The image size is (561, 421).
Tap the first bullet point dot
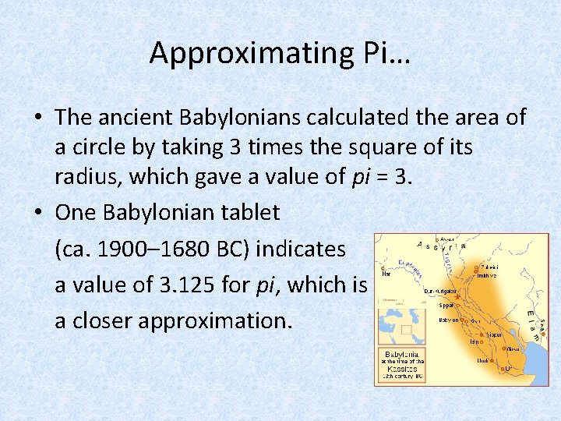(37, 118)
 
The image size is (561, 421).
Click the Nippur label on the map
(494, 334)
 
